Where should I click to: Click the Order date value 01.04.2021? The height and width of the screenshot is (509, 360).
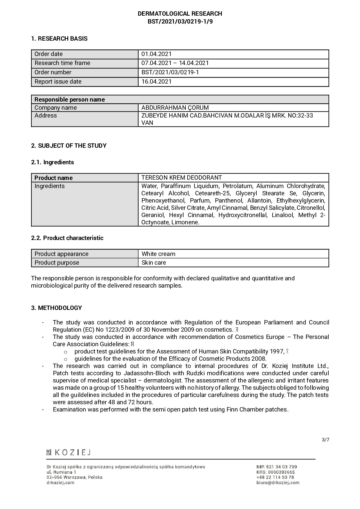coord(156,54)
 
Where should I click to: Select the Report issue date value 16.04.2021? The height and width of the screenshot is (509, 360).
coord(156,82)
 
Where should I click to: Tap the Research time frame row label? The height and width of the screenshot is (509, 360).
coord(62,63)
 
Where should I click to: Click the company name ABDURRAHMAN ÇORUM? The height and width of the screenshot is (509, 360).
coord(175,108)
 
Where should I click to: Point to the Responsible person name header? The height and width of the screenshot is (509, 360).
coord(70,100)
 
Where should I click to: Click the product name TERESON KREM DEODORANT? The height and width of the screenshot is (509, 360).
coord(181,178)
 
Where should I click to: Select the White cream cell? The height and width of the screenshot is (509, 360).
coord(159,254)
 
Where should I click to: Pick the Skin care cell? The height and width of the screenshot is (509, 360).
coord(154,263)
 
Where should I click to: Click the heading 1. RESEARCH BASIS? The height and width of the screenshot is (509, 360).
coord(59,39)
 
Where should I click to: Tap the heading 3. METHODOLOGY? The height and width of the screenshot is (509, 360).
coord(57,308)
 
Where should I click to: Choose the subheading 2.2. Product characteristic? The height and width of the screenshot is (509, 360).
coord(67,238)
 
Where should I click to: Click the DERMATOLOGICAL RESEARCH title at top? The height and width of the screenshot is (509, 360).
coord(180,14)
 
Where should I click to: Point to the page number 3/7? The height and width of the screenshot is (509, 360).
coord(325,440)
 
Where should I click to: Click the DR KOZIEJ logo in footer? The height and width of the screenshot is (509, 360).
coord(69,452)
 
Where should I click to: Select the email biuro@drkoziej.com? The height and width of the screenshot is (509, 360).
coord(278,483)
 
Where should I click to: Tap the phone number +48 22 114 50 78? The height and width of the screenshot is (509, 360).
coord(275,477)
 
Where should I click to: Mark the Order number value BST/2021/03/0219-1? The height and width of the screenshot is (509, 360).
coord(170,72)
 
